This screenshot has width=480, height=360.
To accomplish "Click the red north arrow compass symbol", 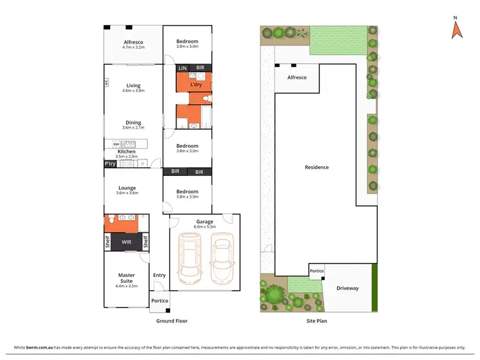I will [456, 30].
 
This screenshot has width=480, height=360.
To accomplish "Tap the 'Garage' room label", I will [205, 222].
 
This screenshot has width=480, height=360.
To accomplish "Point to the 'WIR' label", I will [127, 242].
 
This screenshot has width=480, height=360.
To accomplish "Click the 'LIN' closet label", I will [182, 68].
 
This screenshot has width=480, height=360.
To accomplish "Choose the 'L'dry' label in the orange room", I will [197, 84].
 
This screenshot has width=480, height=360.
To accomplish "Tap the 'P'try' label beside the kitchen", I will [110, 164].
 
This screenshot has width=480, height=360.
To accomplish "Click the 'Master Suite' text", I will [127, 278].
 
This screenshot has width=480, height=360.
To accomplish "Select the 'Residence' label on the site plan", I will [316, 168].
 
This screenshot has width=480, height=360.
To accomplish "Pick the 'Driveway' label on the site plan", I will [348, 288].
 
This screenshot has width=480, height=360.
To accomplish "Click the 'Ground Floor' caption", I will [172, 321].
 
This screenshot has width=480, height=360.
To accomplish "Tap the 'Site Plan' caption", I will [316, 321].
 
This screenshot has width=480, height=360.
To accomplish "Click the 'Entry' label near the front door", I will [159, 276].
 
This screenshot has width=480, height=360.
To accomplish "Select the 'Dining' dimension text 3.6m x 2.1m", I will [133, 129].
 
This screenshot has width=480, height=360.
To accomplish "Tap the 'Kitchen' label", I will [126, 152].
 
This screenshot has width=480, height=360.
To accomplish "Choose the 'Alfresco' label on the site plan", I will [296, 77].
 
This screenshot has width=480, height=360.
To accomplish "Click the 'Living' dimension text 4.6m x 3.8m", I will [133, 91].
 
